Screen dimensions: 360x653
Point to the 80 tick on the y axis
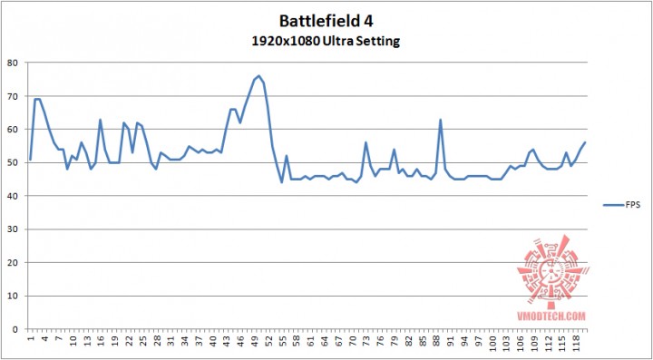(x=12, y=63)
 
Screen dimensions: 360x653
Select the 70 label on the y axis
(x=12, y=96)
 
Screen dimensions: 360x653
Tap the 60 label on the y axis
(x=12, y=129)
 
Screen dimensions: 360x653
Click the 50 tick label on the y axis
(x=12, y=162)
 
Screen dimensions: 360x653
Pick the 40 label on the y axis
(x=12, y=195)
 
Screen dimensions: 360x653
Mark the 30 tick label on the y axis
(x=12, y=229)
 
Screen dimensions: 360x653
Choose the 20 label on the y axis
(x=12, y=261)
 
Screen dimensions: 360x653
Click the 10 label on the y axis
(x=12, y=295)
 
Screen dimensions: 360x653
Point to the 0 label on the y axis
(x=15, y=327)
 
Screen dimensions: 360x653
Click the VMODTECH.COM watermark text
(x=552, y=316)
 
